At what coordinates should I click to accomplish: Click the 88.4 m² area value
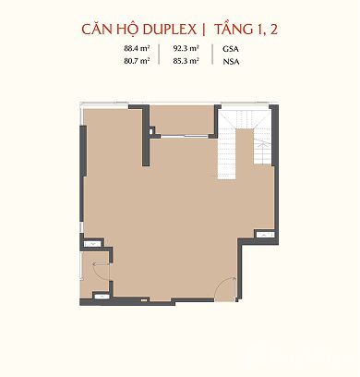point(137,48)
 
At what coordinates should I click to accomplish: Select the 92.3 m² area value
point(186,48)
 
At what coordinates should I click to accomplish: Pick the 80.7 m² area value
point(137,61)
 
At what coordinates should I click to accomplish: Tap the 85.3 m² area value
point(186,61)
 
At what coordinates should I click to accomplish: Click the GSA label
point(231,49)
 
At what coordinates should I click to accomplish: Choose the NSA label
point(231,62)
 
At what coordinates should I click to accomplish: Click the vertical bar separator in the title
point(203,30)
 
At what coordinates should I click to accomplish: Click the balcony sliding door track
point(185,136)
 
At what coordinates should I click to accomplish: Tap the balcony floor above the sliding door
point(182,119)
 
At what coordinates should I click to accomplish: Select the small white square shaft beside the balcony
point(150,131)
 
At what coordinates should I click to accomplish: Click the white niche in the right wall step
point(265,235)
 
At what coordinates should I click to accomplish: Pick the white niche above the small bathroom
point(92,244)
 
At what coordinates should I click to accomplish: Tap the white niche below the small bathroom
point(101,297)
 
